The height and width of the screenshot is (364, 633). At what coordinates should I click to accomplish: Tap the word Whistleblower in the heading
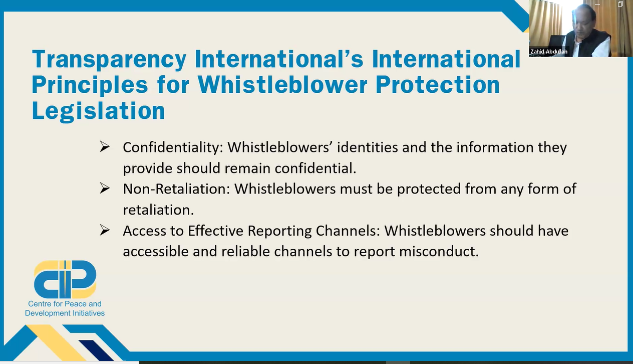[x=282, y=84]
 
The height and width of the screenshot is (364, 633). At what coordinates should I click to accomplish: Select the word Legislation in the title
[x=98, y=111]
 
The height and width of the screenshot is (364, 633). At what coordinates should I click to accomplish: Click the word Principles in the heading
[x=90, y=85]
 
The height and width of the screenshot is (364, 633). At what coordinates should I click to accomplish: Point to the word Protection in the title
[x=438, y=84]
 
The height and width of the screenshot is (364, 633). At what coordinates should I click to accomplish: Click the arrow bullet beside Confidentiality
[x=105, y=147]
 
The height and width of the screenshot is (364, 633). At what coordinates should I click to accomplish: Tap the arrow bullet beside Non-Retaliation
[x=105, y=189]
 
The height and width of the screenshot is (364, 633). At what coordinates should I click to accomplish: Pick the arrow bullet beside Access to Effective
[x=105, y=230]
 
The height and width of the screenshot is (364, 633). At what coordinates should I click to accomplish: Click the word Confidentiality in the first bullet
[x=173, y=147]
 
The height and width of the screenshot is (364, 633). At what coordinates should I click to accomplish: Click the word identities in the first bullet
[x=368, y=147]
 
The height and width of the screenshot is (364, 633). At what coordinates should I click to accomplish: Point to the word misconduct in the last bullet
[x=439, y=251]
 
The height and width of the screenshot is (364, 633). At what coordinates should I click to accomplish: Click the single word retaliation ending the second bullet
[x=158, y=210]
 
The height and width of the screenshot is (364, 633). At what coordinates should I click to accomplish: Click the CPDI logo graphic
[x=65, y=279]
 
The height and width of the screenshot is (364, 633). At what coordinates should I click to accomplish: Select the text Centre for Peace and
[x=65, y=304]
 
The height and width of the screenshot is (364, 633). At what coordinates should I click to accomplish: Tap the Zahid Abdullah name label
[x=549, y=52]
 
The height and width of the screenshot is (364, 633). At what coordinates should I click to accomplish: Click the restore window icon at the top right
[x=620, y=4]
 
